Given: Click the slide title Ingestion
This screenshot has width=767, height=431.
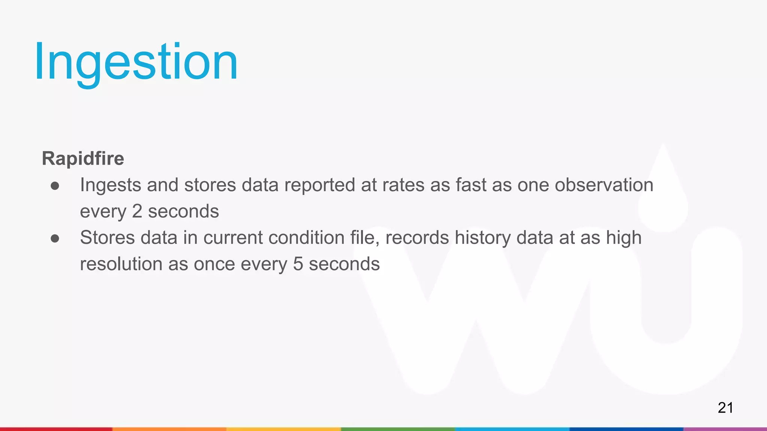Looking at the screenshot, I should (136, 62).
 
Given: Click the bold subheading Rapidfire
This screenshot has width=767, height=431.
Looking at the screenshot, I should (83, 158).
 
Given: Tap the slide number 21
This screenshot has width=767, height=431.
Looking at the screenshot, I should (725, 407).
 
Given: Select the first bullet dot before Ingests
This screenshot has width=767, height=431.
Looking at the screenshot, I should (55, 186).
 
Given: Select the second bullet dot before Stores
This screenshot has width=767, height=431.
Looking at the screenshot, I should (55, 238).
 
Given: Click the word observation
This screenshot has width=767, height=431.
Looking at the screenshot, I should (604, 185).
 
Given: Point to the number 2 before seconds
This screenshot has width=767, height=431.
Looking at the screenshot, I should (137, 211).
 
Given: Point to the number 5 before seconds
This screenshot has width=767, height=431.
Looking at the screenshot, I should (298, 264).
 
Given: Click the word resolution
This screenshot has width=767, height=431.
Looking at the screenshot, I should (121, 264).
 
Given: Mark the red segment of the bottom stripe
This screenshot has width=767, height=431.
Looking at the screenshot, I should (56, 429).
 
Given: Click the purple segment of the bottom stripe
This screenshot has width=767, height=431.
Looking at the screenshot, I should (725, 429).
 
